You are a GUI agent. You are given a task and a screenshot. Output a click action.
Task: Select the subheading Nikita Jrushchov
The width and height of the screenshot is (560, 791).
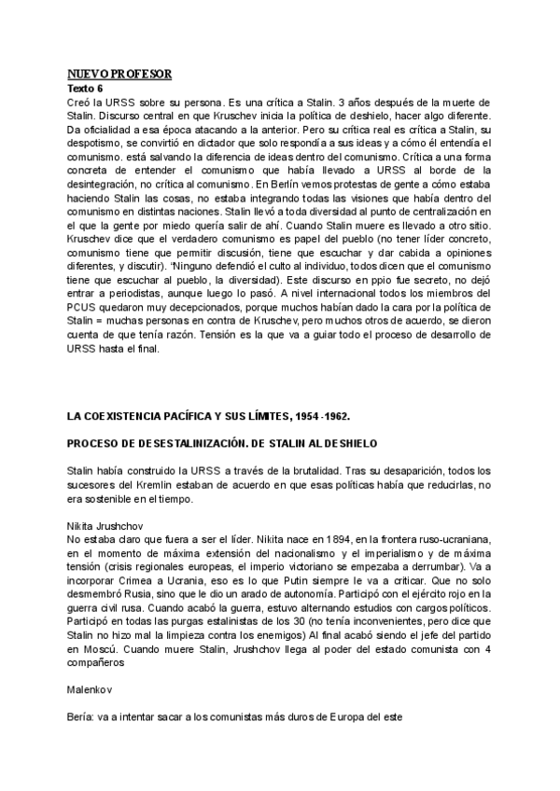[x=105, y=526]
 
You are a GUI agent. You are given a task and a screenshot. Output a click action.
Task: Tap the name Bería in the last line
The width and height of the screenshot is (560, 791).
[x=84, y=719]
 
